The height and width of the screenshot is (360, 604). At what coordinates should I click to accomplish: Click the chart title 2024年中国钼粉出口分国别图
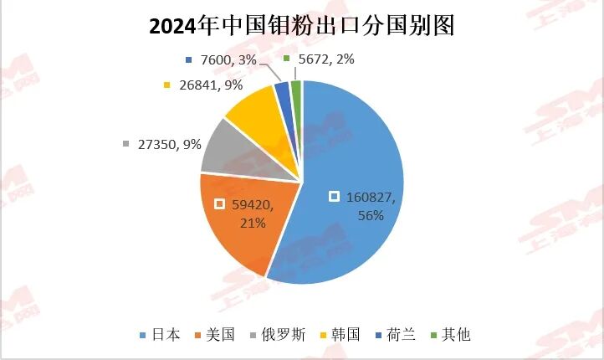tap(301, 26)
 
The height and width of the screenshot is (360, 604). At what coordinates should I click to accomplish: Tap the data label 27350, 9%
tap(168, 144)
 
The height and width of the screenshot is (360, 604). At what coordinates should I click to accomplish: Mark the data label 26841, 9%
tap(209, 85)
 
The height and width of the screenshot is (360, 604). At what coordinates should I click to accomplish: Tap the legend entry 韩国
tap(344, 335)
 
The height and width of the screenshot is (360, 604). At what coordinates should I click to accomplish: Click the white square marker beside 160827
tap(334, 197)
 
